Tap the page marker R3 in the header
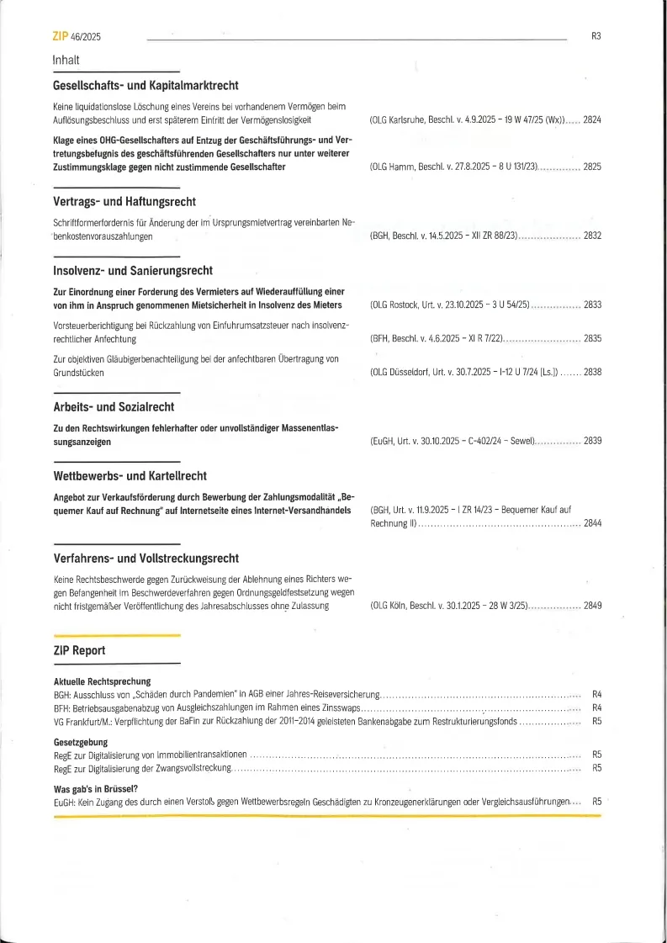(596, 37)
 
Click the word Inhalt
(66, 60)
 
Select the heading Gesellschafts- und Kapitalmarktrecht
(146, 86)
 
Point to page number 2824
(592, 120)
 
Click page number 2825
(592, 167)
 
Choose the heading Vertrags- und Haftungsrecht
(124, 202)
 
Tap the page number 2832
(592, 236)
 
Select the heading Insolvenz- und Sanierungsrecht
(133, 271)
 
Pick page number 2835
(592, 338)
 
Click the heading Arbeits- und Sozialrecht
(114, 407)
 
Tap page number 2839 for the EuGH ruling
(592, 441)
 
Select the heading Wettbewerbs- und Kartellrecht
(130, 476)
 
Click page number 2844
(592, 524)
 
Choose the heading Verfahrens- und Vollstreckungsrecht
(146, 559)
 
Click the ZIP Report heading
(79, 650)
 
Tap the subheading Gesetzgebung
(81, 742)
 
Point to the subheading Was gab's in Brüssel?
(95, 789)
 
